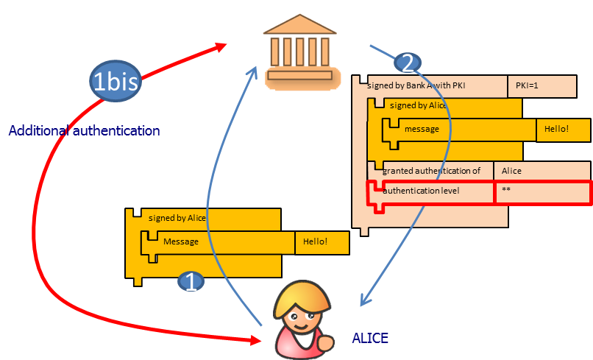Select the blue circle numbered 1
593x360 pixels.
pos(191,282)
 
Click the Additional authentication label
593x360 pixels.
pos(84,131)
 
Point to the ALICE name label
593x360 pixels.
pos(370,338)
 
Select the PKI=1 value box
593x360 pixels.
pos(540,86)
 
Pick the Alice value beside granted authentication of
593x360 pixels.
pos(511,171)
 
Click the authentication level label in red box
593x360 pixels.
pos(421,191)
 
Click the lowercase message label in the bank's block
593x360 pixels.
pos(422,129)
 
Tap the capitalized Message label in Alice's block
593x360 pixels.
pos(181,241)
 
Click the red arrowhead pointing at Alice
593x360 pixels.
pos(257,341)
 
